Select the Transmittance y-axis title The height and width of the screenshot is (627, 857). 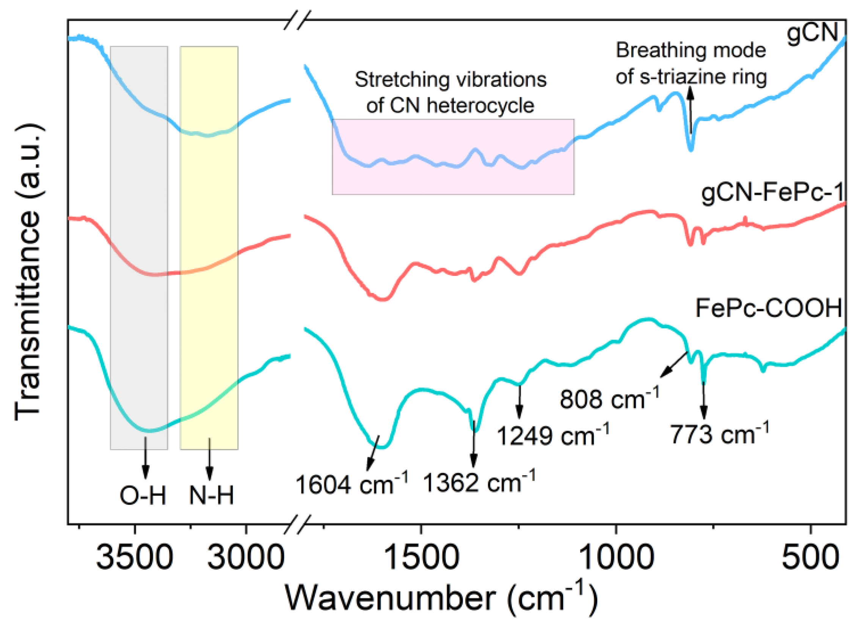29,272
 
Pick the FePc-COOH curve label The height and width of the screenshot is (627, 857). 769,308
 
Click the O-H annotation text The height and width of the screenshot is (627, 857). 143,496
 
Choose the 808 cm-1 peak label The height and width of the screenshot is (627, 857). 609,399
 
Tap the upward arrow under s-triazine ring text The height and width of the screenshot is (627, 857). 691,110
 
